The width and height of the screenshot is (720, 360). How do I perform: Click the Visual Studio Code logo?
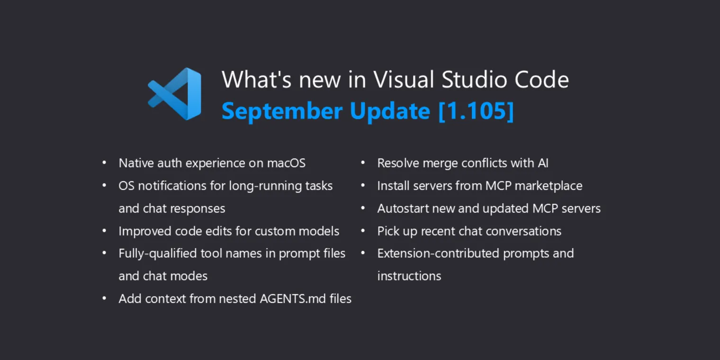[x=175, y=94]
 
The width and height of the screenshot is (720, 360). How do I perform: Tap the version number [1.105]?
[x=476, y=111]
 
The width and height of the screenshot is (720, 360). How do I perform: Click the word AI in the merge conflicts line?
[x=543, y=163]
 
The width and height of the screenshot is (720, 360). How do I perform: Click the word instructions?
[x=409, y=276]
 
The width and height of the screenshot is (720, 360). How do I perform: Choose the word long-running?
[x=259, y=186]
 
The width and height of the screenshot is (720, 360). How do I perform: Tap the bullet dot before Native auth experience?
[x=104, y=163]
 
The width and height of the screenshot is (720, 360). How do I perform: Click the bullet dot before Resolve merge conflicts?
[x=363, y=163]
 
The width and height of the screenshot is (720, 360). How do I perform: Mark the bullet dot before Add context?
[x=104, y=299]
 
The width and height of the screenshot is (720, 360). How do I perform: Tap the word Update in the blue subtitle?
[x=390, y=111]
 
